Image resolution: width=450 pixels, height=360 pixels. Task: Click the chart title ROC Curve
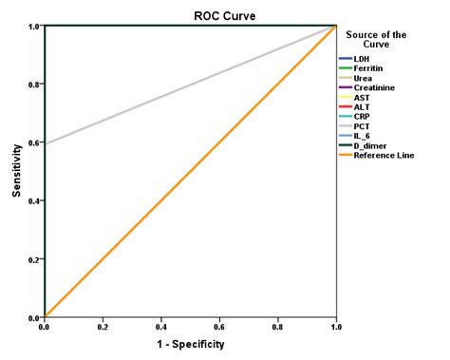pos(190,14)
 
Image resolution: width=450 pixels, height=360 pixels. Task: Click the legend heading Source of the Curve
pos(376,40)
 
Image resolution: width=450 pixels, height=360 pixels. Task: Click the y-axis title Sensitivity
pos(17,171)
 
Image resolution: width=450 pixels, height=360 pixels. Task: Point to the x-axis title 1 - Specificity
pos(190,344)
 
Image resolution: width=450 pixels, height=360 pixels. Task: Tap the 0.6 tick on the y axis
pos(33,142)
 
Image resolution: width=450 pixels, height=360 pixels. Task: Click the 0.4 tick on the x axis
pos(161,326)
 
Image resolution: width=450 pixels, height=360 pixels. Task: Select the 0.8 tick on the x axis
pos(278,326)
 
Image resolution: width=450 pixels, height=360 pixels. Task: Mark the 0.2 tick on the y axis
pos(33,259)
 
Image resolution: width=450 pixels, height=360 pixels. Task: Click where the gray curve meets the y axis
pos(46,144)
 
